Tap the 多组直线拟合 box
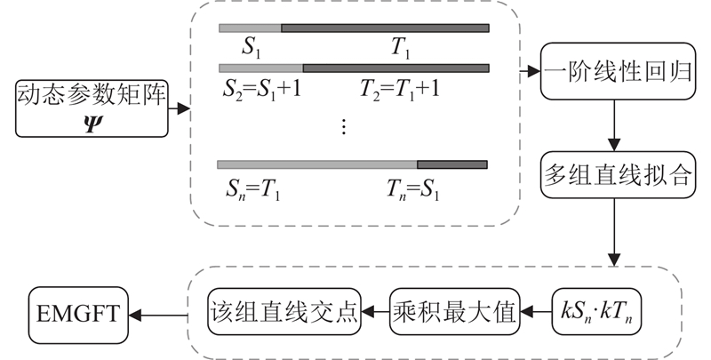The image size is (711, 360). click(x=610, y=174)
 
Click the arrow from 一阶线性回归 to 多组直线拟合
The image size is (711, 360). click(x=611, y=129)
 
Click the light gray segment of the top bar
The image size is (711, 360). click(x=250, y=28)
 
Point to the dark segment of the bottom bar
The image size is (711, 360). click(x=451, y=164)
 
